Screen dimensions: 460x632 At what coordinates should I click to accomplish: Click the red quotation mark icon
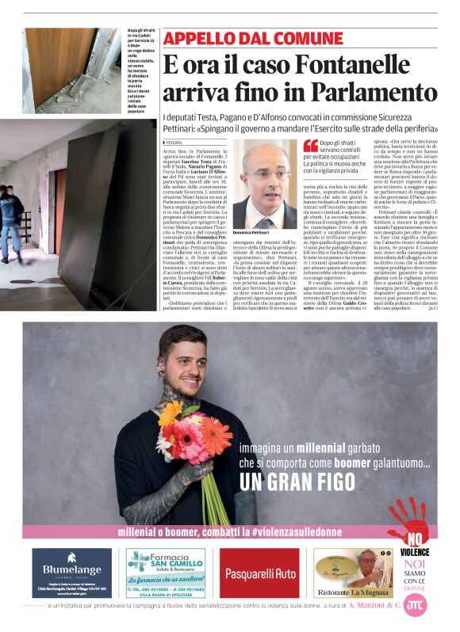point(310,145)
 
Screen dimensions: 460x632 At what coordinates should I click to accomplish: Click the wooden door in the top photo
point(60,67)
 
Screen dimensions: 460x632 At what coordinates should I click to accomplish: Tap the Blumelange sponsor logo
point(72,573)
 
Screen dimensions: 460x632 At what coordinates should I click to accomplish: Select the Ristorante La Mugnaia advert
point(352,573)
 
